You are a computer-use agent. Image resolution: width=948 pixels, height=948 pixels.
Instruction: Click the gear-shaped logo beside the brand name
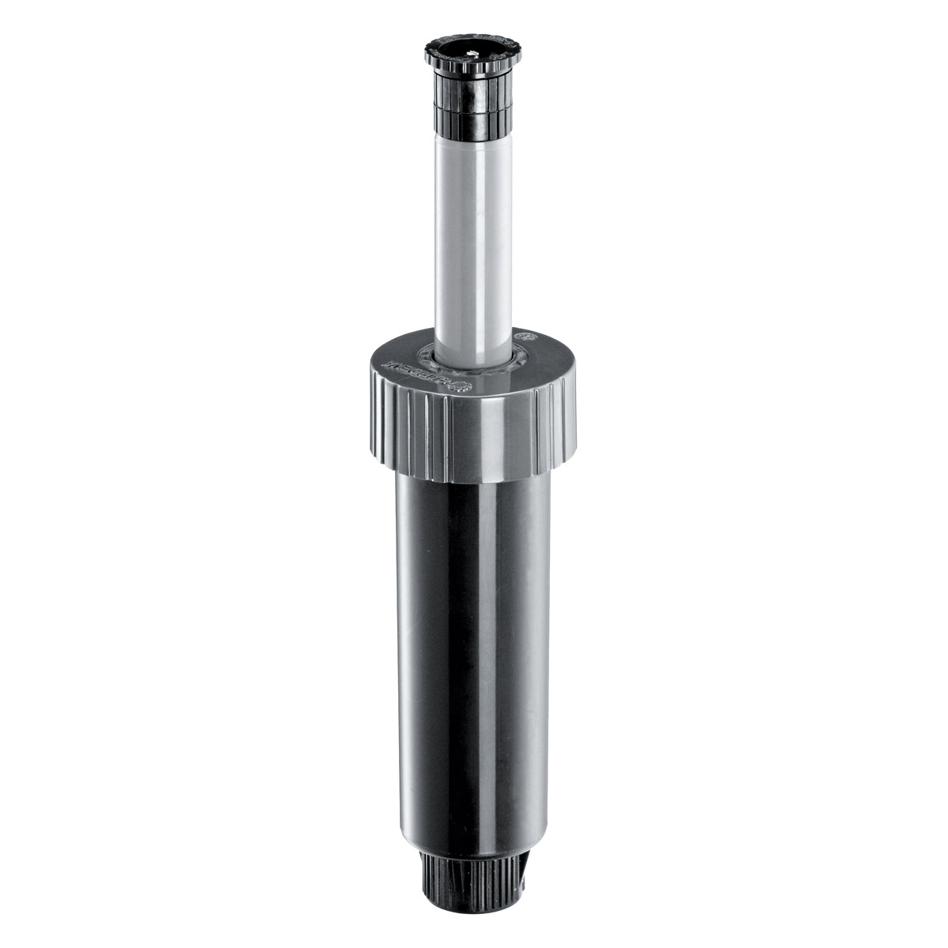[462, 386]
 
